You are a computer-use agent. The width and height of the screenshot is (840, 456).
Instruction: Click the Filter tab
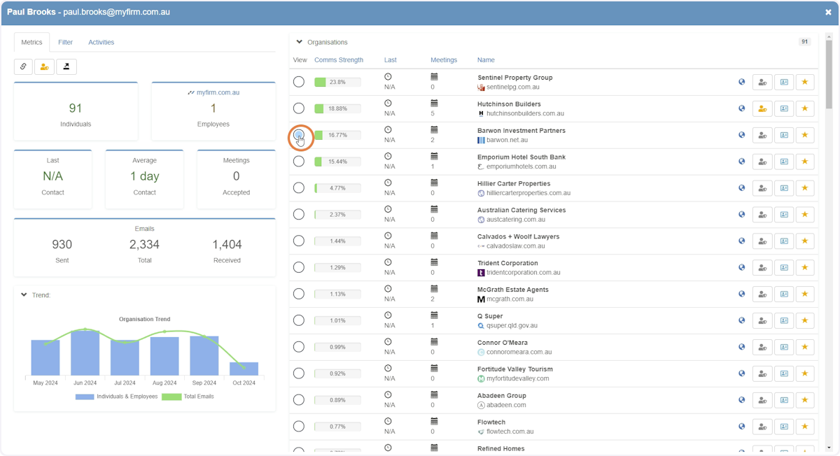point(65,42)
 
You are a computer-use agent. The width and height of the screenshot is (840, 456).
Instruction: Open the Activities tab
point(101,42)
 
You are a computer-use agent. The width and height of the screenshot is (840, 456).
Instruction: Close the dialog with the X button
point(828,12)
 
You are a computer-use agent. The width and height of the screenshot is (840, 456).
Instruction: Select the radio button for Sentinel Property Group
point(298,82)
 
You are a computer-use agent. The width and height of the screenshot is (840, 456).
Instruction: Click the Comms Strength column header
point(339,60)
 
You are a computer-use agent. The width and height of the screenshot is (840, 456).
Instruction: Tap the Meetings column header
point(444,60)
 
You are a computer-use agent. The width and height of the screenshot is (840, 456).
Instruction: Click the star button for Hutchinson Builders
point(804,108)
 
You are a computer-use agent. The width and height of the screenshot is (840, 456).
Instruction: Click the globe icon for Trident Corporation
point(741,268)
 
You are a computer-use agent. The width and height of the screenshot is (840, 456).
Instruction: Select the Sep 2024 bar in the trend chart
point(204,355)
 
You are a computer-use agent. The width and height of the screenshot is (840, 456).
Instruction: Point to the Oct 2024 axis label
point(244,383)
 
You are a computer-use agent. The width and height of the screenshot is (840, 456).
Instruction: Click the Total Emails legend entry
point(188,397)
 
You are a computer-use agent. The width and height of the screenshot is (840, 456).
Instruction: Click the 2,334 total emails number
point(144,244)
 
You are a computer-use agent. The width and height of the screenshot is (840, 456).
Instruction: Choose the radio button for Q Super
point(298,320)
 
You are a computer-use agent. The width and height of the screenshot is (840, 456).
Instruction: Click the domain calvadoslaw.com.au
point(516,245)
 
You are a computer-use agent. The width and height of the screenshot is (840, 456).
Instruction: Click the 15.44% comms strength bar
point(337,162)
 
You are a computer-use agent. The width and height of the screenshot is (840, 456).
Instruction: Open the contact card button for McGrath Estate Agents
point(784,294)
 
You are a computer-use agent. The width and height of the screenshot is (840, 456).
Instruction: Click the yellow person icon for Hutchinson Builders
point(762,108)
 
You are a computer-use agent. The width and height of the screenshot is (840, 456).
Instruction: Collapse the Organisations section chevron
point(299,42)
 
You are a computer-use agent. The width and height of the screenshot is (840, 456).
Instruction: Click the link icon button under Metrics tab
point(23,66)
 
